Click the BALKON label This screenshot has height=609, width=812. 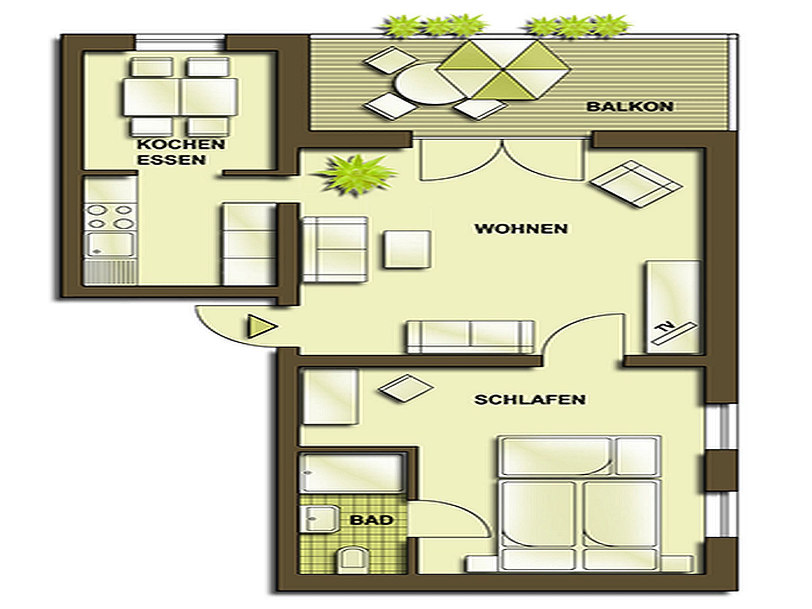click(x=630, y=106)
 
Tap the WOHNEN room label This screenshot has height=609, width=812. click(x=521, y=229)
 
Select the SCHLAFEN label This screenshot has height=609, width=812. click(x=530, y=399)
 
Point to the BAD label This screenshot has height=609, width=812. click(x=372, y=520)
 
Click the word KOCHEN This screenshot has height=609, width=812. click(x=181, y=144)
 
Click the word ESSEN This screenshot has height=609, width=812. click(x=171, y=160)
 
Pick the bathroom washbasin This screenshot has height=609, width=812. click(x=320, y=519)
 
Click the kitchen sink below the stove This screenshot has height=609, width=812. click(x=110, y=244)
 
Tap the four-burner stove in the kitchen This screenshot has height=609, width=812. click(x=110, y=217)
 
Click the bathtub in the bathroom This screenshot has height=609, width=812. click(x=351, y=473)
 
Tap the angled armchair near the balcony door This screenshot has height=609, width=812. click(x=636, y=184)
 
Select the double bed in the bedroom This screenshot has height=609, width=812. click(x=579, y=503)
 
